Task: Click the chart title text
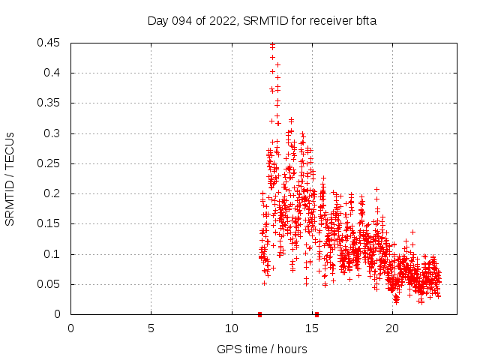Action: pyautogui.click(x=262, y=21)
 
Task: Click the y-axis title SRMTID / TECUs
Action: pyautogui.click(x=10, y=178)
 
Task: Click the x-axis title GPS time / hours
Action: pyautogui.click(x=262, y=349)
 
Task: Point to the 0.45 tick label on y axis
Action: pyautogui.click(x=50, y=43)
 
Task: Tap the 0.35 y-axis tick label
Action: pyautogui.click(x=50, y=103)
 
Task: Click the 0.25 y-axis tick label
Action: pyautogui.click(x=50, y=163)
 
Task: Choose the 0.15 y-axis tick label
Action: pyautogui.click(x=50, y=223)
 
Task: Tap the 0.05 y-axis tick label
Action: pyautogui.click(x=50, y=284)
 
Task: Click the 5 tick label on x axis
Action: pyautogui.click(x=151, y=328)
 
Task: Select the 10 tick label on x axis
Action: pyautogui.click(x=231, y=328)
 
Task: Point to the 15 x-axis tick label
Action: pyautogui.click(x=311, y=328)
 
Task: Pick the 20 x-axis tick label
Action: pyautogui.click(x=391, y=328)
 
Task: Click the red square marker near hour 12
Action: pyautogui.click(x=259, y=314)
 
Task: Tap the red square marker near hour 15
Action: pyautogui.click(x=316, y=314)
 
